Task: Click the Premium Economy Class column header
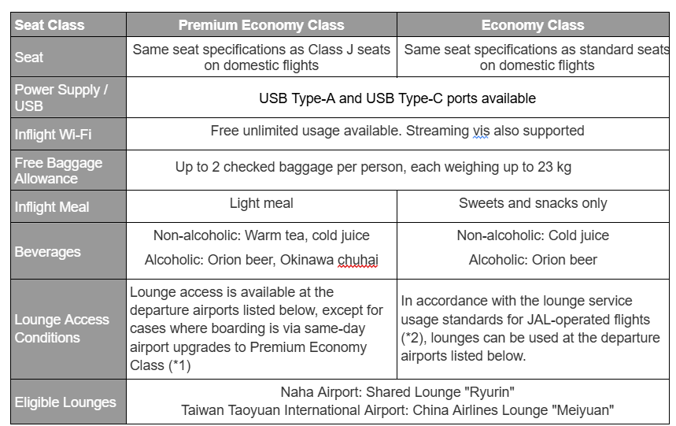pos(261,24)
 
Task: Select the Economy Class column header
pos(533,24)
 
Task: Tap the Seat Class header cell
pos(50,24)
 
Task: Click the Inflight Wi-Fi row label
pos(53,135)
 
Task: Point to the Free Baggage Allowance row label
pos(58,170)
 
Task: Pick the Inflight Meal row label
pos(52,207)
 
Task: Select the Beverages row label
pos(47,252)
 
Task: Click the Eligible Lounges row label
pos(65,402)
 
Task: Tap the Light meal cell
pos(261,203)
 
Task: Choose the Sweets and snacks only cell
pos(533,203)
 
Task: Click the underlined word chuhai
pos(357,260)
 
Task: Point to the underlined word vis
pos(481,131)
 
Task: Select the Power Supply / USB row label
pos(61,98)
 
